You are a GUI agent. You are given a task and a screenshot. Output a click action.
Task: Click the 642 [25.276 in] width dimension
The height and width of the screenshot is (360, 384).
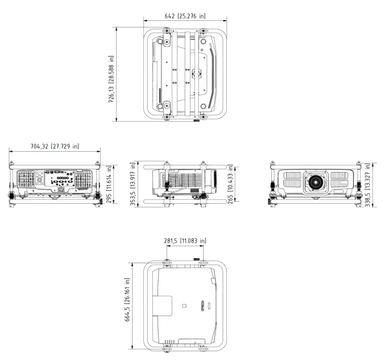tap(185, 16)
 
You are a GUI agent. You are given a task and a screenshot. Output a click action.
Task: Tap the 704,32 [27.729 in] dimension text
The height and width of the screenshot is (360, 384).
tap(54, 146)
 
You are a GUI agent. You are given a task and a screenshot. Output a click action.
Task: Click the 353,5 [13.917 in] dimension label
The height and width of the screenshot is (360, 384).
tap(133, 184)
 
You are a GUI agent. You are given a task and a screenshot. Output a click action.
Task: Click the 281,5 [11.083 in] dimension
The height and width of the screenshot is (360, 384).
tap(185, 241)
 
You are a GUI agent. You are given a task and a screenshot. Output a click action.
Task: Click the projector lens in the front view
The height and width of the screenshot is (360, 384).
tap(316, 181)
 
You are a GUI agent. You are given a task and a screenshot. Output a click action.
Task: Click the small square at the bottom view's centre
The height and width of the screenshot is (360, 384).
tap(185, 306)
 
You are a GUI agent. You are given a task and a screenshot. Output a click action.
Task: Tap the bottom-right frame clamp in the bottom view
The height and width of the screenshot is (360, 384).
tap(203, 349)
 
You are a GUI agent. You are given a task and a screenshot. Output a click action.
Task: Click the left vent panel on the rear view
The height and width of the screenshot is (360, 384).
tap(26, 180)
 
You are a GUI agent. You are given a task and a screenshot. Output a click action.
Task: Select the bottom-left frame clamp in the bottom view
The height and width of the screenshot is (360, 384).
tap(167, 349)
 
